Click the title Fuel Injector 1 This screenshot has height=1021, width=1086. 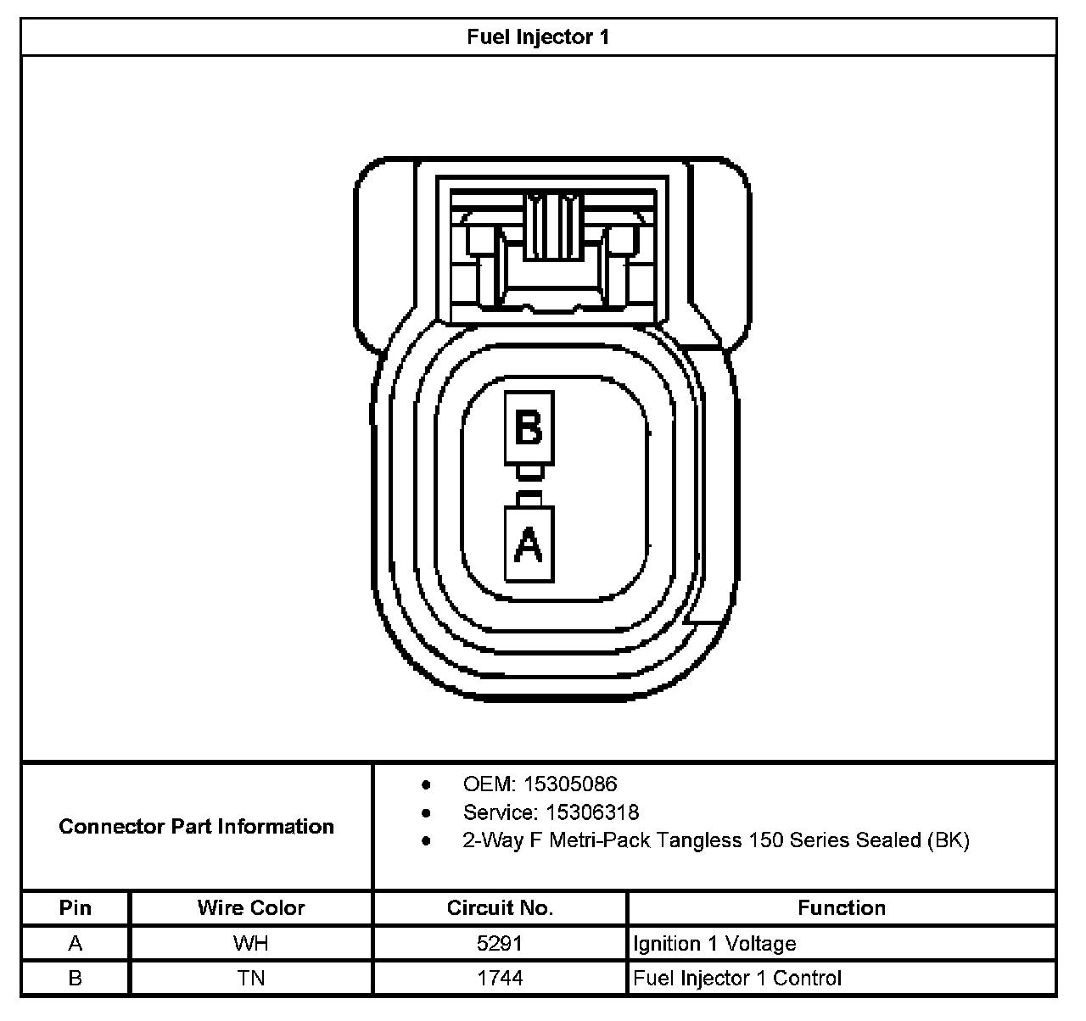tap(538, 37)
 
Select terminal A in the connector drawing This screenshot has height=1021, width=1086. tap(529, 544)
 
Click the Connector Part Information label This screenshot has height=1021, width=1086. tap(196, 826)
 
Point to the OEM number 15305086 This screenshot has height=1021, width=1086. tap(570, 784)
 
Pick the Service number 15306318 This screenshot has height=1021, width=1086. tap(592, 812)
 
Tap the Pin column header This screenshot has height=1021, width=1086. tap(76, 908)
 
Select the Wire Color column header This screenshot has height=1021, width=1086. tap(251, 908)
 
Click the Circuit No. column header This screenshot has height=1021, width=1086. tap(500, 908)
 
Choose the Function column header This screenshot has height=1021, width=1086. tap(841, 908)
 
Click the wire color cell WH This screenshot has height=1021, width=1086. tap(251, 944)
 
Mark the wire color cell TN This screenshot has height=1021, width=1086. tap(251, 978)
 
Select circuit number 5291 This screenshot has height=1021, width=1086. tap(500, 944)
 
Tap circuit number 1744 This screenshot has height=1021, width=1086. tap(500, 978)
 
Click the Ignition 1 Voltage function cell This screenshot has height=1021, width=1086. tap(714, 944)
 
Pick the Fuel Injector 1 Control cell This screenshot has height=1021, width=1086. tap(737, 978)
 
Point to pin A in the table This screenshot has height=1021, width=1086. tap(76, 944)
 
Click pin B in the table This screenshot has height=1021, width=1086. tap(76, 978)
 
